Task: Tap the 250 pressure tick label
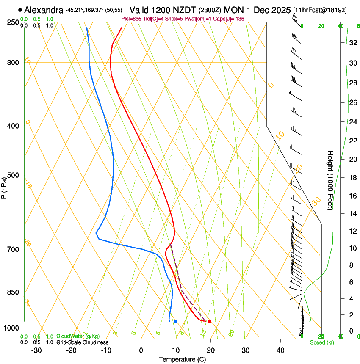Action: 13,22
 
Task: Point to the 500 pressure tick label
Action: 13,175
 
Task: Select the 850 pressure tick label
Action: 13,292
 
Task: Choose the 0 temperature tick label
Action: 141,350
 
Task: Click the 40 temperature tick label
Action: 280,350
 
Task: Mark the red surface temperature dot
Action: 210,322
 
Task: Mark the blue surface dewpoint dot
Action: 175,322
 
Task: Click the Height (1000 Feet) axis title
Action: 330,180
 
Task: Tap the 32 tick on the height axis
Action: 352,43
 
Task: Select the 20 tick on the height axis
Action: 352,159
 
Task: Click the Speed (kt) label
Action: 321,342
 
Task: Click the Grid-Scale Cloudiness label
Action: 82,342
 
